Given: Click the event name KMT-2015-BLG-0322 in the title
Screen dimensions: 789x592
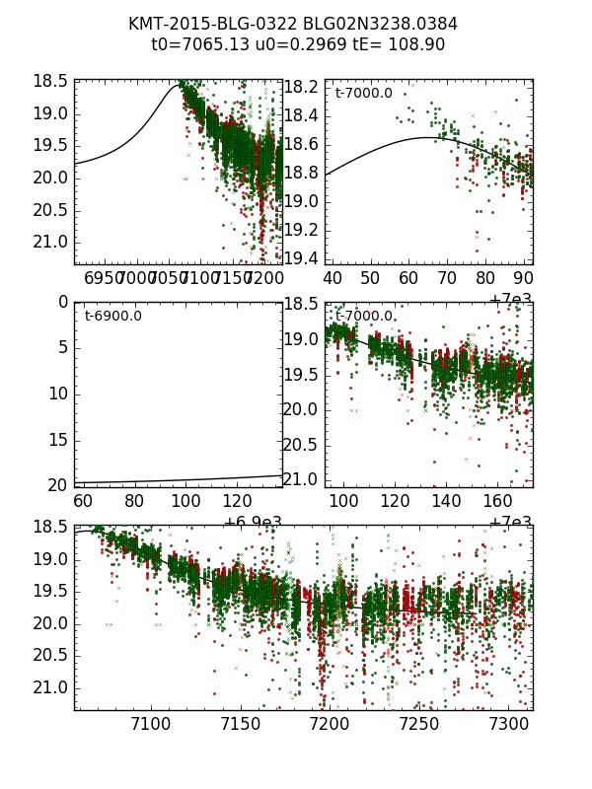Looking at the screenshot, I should coord(203,24).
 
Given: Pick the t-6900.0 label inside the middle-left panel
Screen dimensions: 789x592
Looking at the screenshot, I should coord(112,316).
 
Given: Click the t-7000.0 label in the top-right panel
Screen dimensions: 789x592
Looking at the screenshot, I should coord(363,94).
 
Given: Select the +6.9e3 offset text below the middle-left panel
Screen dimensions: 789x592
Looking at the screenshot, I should coord(252,523).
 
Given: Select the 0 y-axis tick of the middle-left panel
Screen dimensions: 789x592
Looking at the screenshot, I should coord(63,302).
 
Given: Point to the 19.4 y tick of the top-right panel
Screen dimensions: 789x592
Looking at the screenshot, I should coord(301,258).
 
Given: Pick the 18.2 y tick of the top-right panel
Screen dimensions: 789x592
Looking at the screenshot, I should coord(301,87).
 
